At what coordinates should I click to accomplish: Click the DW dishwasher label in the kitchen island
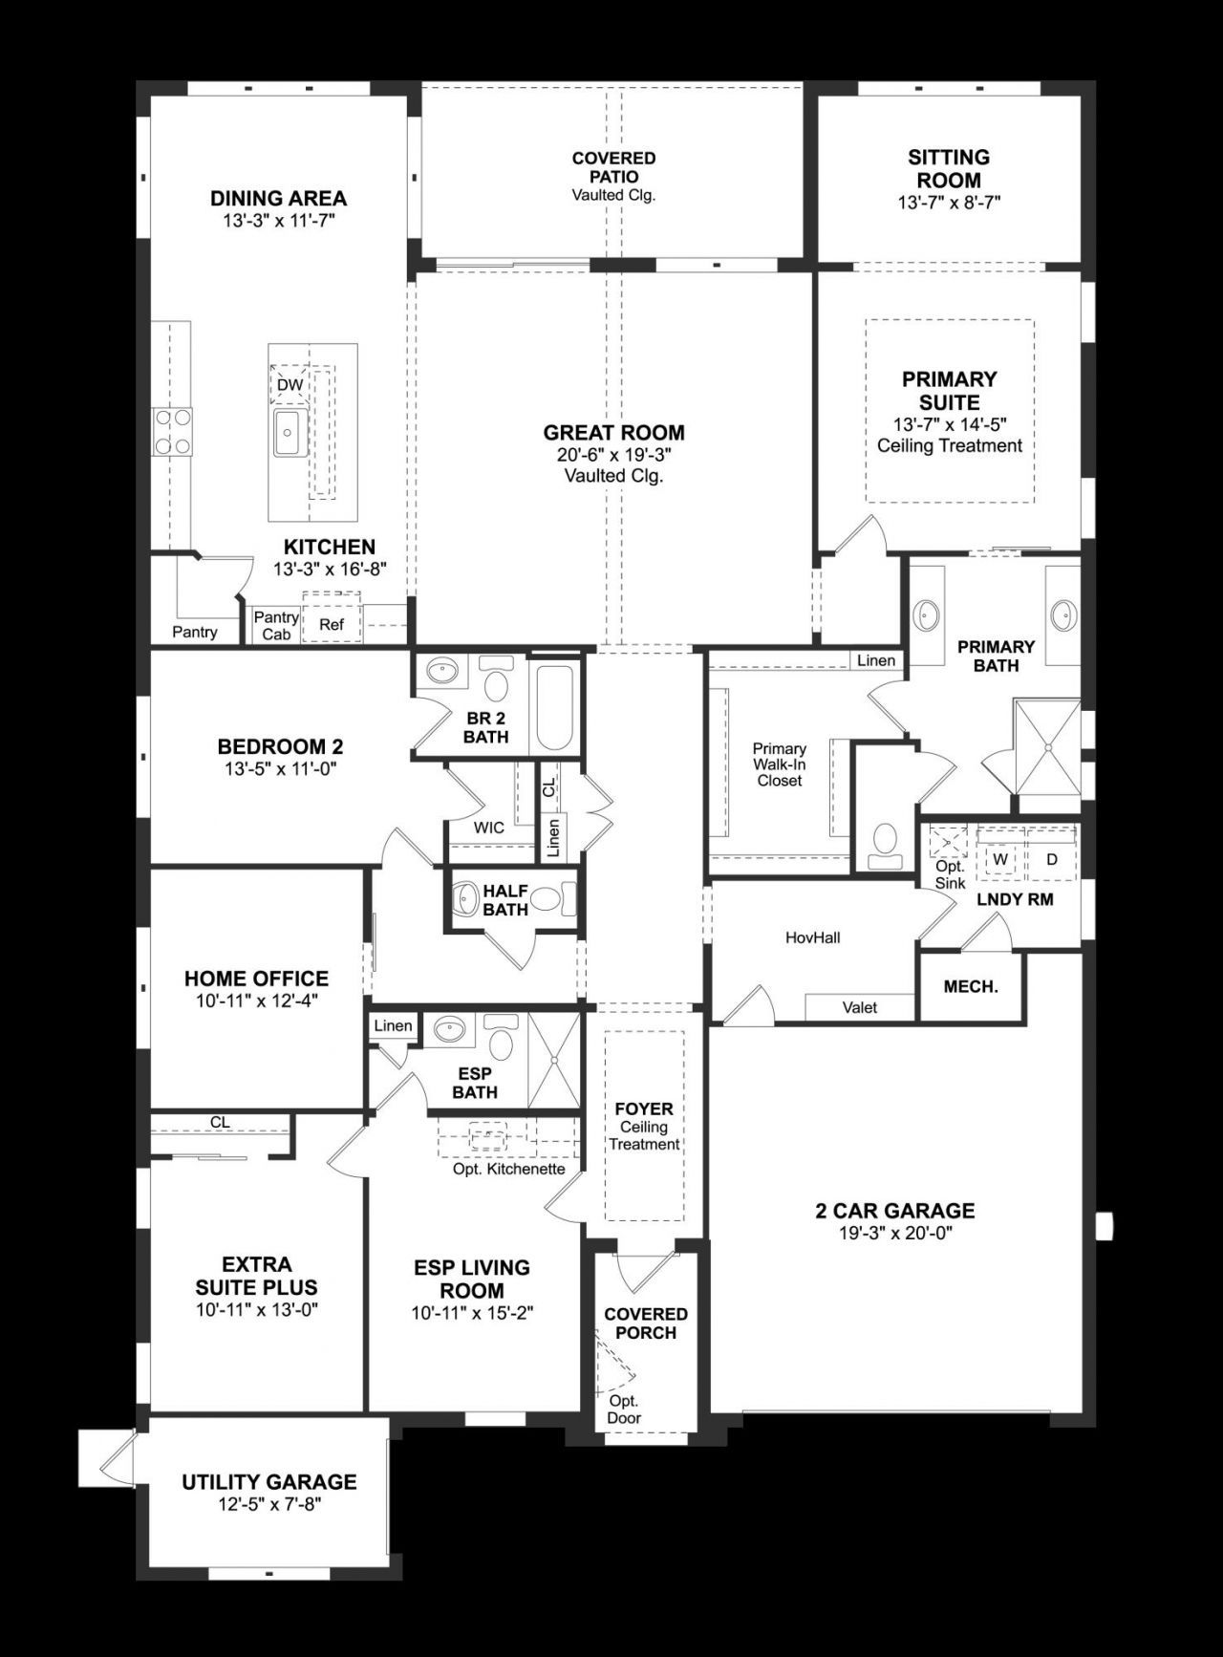290,385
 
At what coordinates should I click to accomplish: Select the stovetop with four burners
172,431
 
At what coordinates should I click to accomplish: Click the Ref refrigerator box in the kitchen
332,624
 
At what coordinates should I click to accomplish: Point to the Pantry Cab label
275,626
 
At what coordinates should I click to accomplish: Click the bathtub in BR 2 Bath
554,707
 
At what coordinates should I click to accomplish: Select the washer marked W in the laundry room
1000,859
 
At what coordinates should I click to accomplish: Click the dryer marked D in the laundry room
1051,859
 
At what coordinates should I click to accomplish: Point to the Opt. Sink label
950,874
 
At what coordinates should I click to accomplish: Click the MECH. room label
971,987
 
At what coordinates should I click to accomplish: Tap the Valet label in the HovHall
860,1007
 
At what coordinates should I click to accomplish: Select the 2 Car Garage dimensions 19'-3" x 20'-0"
895,1233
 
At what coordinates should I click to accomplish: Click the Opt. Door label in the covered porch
624,1410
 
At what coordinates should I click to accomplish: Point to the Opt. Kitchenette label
508,1169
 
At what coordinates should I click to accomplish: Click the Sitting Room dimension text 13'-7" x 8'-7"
949,203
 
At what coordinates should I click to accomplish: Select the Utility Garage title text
269,1482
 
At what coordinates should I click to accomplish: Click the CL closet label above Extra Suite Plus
221,1123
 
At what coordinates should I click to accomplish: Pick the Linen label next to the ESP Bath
393,1026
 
